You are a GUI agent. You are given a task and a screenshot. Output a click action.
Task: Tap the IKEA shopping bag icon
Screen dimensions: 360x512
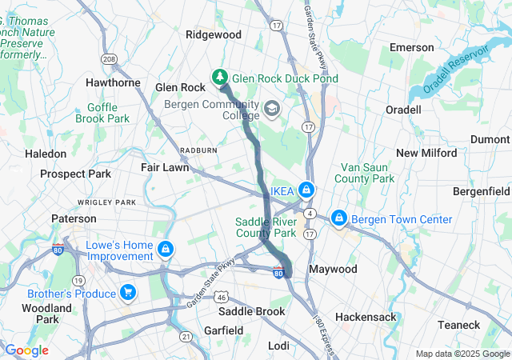point(306,190)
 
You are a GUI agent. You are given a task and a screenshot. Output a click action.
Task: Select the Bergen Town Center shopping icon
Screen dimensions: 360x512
point(339,218)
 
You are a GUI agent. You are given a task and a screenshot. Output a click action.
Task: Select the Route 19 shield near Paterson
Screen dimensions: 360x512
point(78,280)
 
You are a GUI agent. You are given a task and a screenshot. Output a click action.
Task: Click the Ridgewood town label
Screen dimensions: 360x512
point(214,34)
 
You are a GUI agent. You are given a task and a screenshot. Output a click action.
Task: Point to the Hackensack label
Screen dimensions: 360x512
point(366,317)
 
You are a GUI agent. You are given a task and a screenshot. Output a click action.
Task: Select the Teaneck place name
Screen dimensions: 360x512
point(458,325)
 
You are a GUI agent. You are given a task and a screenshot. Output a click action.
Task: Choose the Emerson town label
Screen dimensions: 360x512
point(411,48)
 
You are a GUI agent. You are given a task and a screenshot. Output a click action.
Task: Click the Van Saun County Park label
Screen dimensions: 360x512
point(368,173)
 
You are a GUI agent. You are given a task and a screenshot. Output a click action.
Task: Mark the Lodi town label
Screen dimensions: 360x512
point(279,345)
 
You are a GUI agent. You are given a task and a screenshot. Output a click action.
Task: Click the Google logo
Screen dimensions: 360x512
point(26,350)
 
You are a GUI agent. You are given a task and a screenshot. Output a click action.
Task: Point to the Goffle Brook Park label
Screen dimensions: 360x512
point(102,112)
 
